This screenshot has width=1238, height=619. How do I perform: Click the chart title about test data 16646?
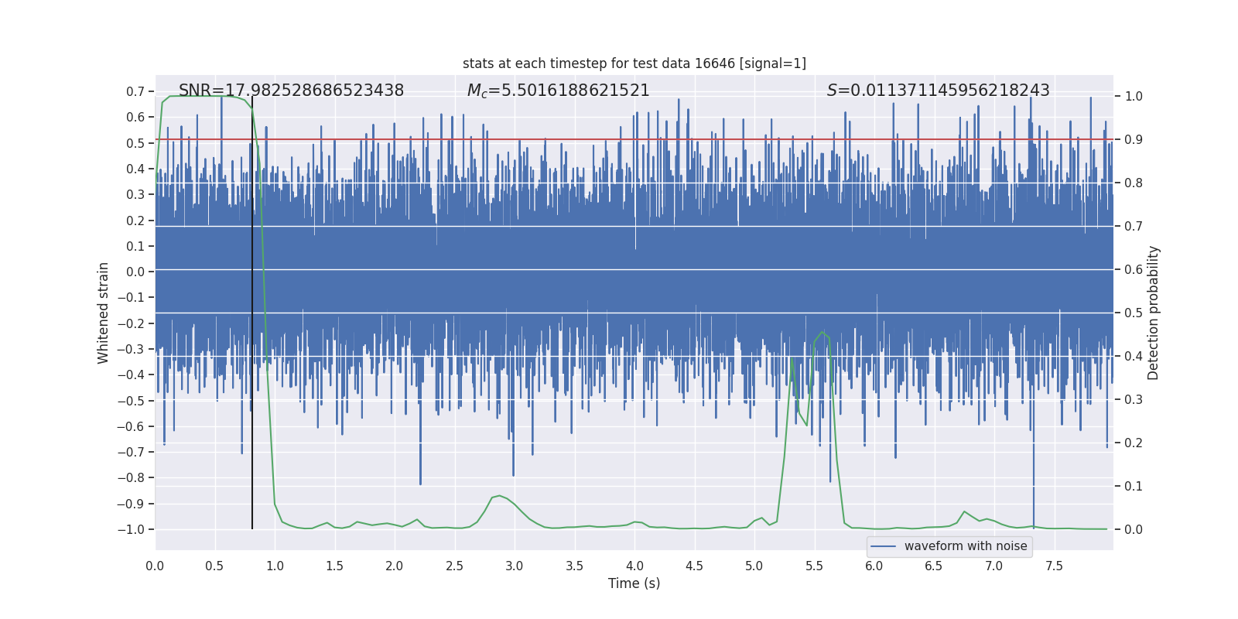click(634, 63)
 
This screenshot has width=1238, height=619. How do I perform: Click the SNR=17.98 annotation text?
click(291, 91)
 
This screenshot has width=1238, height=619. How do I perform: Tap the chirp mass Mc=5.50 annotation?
click(558, 91)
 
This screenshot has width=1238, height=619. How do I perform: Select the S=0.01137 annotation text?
click(938, 91)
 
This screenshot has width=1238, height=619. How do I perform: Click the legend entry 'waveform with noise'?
click(966, 546)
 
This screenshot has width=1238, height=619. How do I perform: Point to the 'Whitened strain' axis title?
click(104, 313)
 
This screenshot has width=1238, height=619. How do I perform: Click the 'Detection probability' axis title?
click(1154, 313)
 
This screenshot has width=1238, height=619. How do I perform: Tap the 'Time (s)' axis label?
click(634, 583)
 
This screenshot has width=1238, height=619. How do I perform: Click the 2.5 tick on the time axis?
click(454, 566)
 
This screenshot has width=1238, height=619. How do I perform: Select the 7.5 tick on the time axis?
click(1054, 566)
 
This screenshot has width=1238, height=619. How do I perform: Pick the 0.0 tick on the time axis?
click(155, 566)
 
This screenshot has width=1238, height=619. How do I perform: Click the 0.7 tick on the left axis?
click(135, 91)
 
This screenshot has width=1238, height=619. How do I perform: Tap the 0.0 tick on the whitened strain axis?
click(135, 272)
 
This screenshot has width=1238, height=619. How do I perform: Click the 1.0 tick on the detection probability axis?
click(1134, 97)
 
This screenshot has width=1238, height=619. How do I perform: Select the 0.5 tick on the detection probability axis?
click(1134, 313)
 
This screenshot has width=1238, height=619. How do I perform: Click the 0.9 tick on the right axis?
click(1134, 140)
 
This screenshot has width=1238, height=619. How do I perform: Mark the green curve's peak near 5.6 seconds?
click(822, 332)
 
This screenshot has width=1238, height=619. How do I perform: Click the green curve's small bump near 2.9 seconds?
click(499, 495)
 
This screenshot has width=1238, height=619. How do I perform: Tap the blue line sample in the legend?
click(883, 546)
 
